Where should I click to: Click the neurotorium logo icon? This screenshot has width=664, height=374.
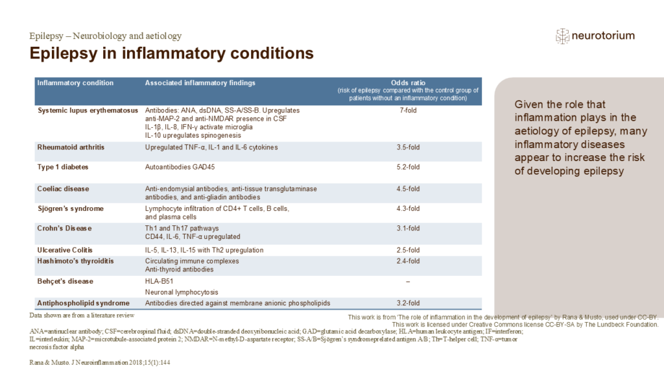pyautogui.click(x=562, y=36)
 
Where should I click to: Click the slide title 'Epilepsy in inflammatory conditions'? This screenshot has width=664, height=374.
pyautogui.click(x=172, y=53)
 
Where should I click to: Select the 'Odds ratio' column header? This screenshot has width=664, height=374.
pyautogui.click(x=408, y=83)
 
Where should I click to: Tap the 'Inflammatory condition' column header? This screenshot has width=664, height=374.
pyautogui.click(x=75, y=83)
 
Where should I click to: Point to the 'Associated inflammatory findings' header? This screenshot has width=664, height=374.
pyautogui.click(x=200, y=83)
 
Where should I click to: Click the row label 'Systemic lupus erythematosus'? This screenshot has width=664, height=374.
pyautogui.click(x=88, y=110)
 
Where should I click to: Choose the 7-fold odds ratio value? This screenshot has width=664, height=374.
pyautogui.click(x=408, y=110)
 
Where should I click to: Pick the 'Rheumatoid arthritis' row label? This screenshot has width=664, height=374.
pyautogui.click(x=71, y=147)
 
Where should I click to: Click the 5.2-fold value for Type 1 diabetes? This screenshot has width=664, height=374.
pyautogui.click(x=408, y=167)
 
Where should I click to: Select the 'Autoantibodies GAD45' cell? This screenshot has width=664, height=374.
pyautogui.click(x=179, y=167)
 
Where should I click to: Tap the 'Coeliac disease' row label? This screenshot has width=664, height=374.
pyautogui.click(x=64, y=189)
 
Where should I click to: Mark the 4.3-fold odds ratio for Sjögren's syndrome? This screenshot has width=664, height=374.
pyautogui.click(x=408, y=208)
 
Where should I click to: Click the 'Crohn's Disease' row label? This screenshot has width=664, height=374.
pyautogui.click(x=64, y=229)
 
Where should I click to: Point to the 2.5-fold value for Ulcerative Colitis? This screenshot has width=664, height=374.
pyautogui.click(x=408, y=250)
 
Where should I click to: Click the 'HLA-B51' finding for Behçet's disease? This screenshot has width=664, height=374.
pyautogui.click(x=160, y=281)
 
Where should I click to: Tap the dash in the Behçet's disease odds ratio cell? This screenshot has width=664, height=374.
pyautogui.click(x=408, y=282)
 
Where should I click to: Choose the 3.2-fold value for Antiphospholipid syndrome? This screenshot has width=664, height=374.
pyautogui.click(x=408, y=303)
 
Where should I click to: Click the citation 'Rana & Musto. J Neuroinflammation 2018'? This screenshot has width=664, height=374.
pyautogui.click(x=100, y=361)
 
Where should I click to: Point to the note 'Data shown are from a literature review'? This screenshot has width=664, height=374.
pyautogui.click(x=82, y=315)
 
